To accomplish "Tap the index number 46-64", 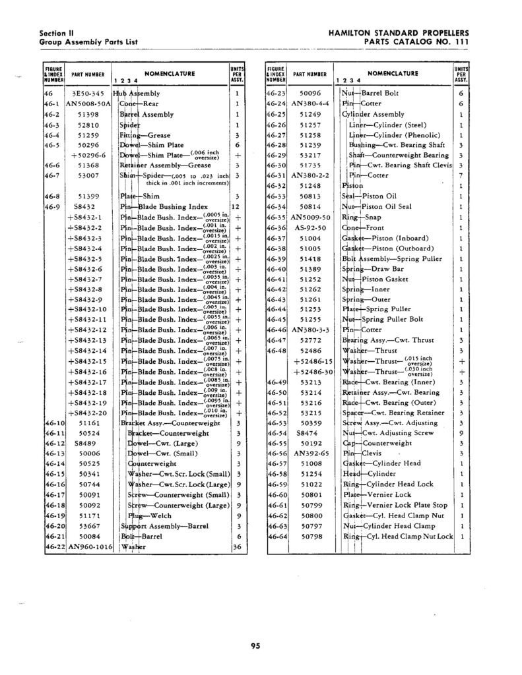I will click(275, 537).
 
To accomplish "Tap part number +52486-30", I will click(315, 372).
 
